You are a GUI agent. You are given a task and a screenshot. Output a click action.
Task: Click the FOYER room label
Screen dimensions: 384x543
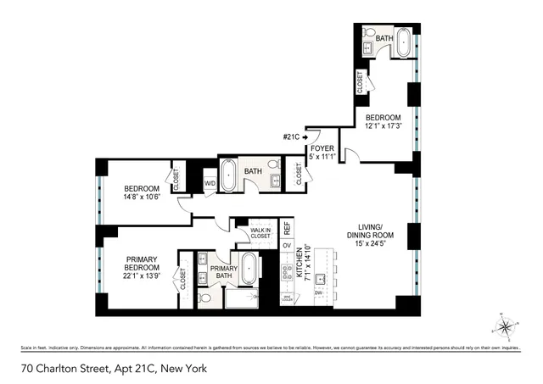point(322,148)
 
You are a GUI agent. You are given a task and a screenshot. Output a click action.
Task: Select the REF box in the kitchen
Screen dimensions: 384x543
point(287,227)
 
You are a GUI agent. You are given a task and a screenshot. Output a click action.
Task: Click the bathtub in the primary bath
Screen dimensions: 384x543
point(249,270)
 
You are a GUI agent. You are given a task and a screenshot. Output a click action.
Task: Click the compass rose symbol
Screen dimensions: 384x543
point(506,326)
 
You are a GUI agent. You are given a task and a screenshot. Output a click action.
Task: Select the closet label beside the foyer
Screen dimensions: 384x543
point(299,173)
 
